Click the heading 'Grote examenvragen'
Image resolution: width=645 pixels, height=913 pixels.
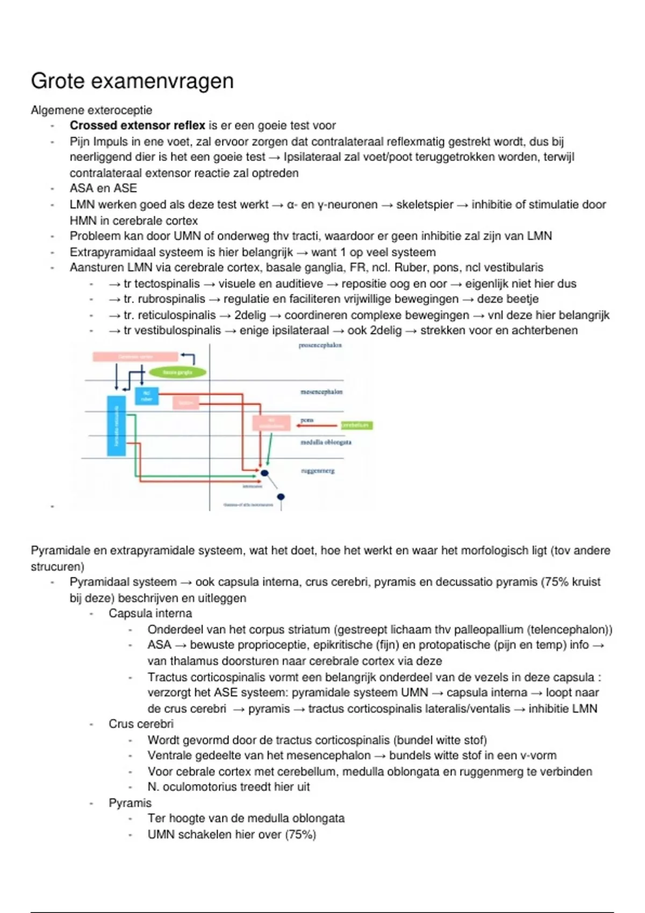pos(132,81)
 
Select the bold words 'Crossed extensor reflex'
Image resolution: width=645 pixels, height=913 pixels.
pos(137,126)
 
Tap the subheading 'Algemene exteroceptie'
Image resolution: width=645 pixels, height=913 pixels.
pos(91,110)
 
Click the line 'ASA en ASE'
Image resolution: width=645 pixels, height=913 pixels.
pos(103,189)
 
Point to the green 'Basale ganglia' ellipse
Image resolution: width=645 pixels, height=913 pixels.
pos(177,372)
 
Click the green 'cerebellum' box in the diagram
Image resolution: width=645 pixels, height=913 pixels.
pos(356,425)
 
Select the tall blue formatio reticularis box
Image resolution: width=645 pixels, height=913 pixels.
pos(116,425)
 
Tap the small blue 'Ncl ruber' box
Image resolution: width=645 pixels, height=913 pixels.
pos(146,396)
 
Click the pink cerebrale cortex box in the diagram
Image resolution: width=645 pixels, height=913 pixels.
pos(135,357)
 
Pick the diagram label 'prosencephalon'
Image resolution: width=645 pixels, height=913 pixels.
pos(320,345)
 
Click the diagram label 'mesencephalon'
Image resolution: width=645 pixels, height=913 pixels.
pos(321,392)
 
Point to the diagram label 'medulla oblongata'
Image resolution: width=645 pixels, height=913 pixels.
pos(326,443)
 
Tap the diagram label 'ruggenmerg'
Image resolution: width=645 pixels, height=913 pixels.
pos(318,471)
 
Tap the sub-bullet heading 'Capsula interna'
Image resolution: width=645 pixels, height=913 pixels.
pos(150,613)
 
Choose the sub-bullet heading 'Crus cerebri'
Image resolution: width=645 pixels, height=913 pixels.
pos(141,724)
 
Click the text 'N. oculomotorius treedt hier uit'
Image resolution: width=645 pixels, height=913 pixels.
pos(228,787)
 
